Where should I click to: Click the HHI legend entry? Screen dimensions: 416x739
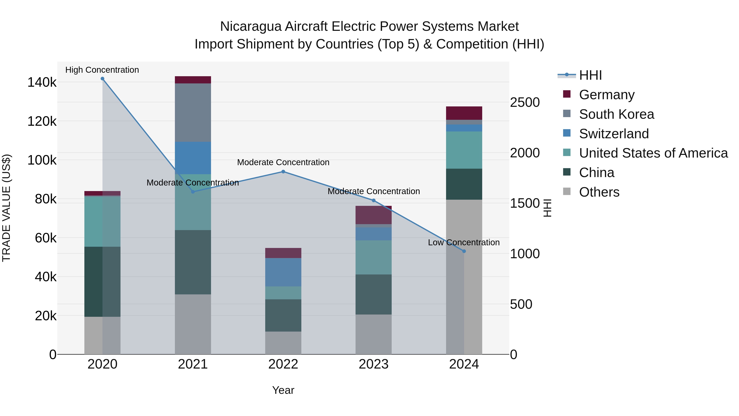point(590,75)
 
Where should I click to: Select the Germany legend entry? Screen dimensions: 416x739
point(606,95)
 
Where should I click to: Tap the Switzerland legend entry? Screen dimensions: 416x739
point(614,134)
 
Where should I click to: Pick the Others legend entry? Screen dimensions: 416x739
point(599,192)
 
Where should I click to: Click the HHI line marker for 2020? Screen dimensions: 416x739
point(102,79)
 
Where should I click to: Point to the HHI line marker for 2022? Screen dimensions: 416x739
point(283,172)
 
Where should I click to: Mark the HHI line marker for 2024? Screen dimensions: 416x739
point(464,251)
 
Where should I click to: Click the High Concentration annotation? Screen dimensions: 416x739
point(102,70)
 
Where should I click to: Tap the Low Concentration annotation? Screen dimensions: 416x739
point(464,242)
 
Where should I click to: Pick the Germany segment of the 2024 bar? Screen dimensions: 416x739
point(464,113)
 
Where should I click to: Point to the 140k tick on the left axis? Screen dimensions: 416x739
point(42,82)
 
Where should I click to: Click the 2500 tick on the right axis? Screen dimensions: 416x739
point(525,103)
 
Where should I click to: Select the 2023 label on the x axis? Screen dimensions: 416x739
point(374,364)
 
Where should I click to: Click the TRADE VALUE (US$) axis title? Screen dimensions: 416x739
point(7,208)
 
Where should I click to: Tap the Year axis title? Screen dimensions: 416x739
point(283,390)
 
